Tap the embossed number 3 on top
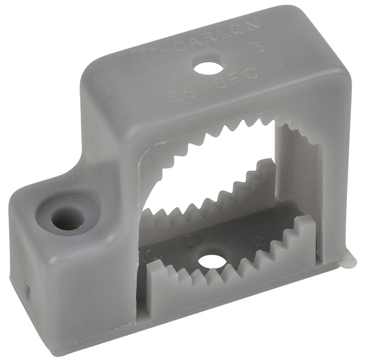point(259,46)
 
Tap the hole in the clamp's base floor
point(212,260)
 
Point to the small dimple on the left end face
point(27,291)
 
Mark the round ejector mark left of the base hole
point(190,241)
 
